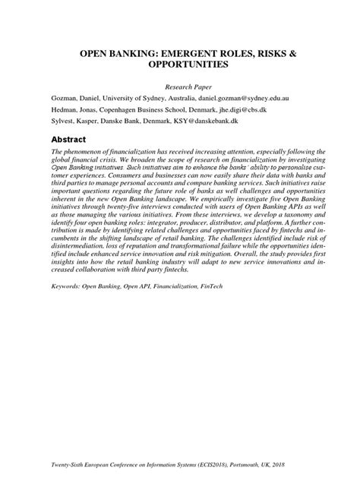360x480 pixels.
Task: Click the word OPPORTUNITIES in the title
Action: click(180, 66)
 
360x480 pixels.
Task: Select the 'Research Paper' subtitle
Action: click(180, 87)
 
